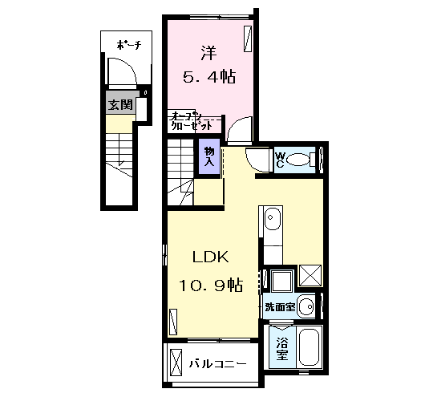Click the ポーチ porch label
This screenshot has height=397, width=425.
[129, 45]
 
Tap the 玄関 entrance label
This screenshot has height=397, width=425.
[120, 105]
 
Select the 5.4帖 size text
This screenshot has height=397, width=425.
[209, 77]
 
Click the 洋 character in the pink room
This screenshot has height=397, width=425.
[208, 53]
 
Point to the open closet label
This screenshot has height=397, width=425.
[192, 121]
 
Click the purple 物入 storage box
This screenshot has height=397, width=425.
[209, 156]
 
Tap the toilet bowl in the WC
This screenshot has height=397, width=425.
[297, 160]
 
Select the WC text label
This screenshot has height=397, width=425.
[280, 160]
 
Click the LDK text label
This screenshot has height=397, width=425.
[211, 257]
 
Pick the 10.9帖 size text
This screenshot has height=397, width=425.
[211, 285]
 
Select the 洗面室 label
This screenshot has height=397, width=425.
[280, 307]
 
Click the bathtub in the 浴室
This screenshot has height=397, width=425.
[309, 346]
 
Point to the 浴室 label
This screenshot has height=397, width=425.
[282, 348]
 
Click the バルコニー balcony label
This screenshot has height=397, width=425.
[217, 363]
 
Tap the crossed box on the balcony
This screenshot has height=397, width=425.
[176, 363]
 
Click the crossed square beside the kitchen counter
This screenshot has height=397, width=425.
[310, 275]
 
